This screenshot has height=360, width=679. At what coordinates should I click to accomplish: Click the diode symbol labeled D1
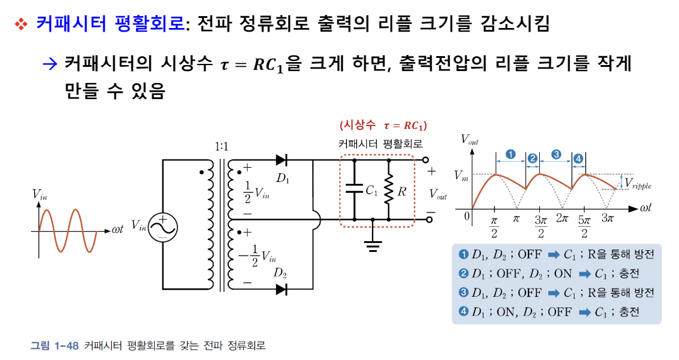(x=281, y=160)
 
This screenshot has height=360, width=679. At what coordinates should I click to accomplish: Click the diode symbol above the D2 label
(x=281, y=290)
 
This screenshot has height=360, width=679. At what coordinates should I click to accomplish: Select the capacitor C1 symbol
(x=355, y=190)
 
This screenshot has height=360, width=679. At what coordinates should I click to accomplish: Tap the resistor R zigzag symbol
(x=389, y=190)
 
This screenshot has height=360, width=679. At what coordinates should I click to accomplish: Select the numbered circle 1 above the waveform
(x=511, y=154)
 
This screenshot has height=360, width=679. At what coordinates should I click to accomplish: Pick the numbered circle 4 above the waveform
(x=578, y=158)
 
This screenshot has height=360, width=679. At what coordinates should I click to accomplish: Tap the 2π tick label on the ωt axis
(x=563, y=219)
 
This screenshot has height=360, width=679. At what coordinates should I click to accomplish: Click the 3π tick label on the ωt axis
(x=607, y=219)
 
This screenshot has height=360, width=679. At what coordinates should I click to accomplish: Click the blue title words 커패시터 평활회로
(x=110, y=24)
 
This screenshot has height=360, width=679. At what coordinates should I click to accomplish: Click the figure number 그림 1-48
(x=54, y=346)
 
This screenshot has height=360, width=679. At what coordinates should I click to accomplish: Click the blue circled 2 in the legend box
(x=463, y=274)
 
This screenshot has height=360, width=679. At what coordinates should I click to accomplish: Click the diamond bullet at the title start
(x=21, y=24)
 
